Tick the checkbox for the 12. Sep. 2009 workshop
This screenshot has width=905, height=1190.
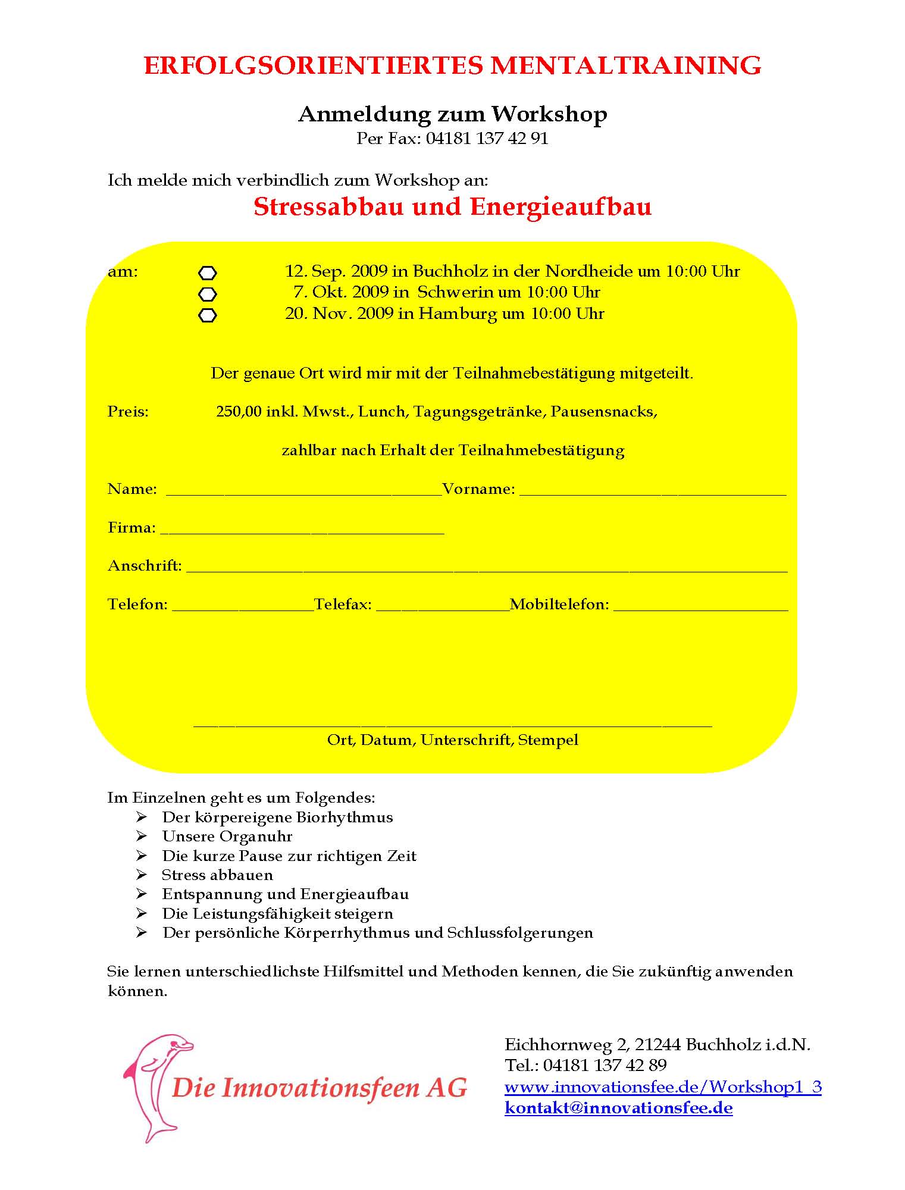[207, 273]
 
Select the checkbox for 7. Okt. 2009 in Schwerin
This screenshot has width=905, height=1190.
[207, 294]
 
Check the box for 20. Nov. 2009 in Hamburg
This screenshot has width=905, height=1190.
[207, 315]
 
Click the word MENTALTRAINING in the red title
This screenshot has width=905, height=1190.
[625, 65]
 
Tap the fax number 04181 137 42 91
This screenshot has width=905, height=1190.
[487, 139]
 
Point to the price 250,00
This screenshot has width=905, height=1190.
[239, 412]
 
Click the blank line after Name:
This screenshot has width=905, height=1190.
[303, 493]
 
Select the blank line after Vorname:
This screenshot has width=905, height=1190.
[653, 493]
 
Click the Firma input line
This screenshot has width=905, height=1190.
[302, 531]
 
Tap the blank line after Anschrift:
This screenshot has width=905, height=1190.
[487, 569]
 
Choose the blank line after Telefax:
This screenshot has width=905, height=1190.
[443, 608]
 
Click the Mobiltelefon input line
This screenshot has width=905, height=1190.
[700, 608]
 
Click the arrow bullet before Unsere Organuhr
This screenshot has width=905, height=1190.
[141, 837]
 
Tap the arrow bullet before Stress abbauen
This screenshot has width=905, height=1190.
[141, 875]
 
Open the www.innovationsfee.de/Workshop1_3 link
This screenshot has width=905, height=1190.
[662, 1087]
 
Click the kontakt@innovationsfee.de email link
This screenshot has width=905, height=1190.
[618, 1108]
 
